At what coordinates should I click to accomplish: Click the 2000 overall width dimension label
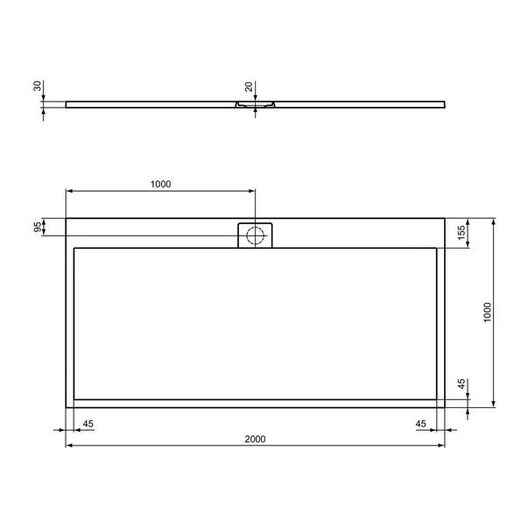point(255,439)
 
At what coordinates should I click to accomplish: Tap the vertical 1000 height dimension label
point(487,313)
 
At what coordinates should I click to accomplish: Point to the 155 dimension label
point(461,233)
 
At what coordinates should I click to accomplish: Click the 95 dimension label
point(38,227)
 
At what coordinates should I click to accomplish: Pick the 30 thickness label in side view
point(38,86)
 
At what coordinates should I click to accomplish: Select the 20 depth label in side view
point(249,87)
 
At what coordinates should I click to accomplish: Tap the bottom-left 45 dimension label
point(88,424)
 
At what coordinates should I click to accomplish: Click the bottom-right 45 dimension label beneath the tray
point(420,424)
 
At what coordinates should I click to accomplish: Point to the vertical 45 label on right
point(461,384)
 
